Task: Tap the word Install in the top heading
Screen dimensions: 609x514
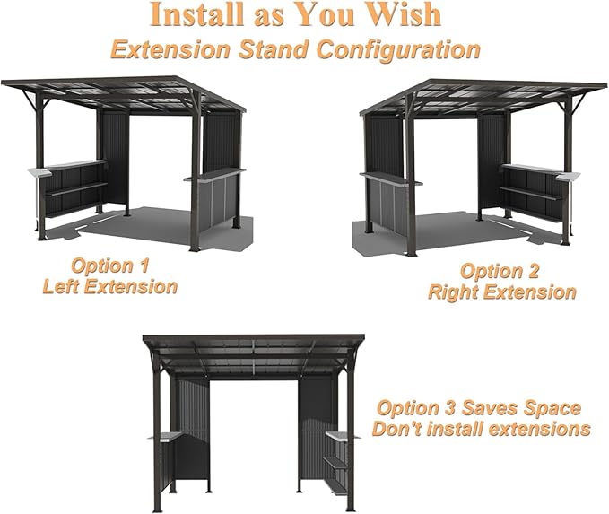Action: (x=197, y=14)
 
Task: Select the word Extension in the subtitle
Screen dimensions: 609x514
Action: (x=171, y=50)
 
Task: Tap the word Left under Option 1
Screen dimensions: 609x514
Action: (x=61, y=287)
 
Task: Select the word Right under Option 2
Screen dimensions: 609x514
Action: (x=450, y=292)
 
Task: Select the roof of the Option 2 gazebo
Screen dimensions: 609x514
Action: (x=483, y=96)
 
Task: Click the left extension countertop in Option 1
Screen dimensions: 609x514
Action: (x=66, y=167)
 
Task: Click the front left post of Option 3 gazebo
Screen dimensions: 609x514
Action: (x=157, y=439)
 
